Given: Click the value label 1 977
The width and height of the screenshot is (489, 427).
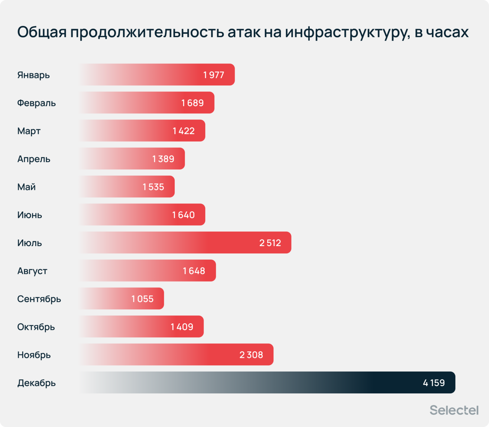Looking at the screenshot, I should [x=214, y=75].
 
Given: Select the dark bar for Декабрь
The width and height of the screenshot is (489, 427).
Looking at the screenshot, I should [x=266, y=382].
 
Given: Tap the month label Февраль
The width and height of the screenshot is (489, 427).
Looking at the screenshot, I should [x=36, y=103].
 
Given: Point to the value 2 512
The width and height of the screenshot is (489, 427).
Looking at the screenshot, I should [x=270, y=243].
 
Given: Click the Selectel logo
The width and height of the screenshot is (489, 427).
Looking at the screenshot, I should [x=454, y=410].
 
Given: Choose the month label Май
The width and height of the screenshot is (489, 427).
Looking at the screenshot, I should [x=26, y=187].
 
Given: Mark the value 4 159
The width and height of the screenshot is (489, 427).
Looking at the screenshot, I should [x=434, y=383].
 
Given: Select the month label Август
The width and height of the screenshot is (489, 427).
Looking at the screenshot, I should [x=32, y=271].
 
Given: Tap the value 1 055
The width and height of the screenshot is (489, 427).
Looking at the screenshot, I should [x=142, y=299].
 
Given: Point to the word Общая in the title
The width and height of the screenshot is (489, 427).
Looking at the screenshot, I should [x=42, y=32].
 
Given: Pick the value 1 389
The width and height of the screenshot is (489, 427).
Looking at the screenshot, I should [x=163, y=159].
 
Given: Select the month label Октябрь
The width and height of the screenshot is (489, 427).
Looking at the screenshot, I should [x=36, y=327].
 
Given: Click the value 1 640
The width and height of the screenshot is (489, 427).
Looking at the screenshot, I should [x=183, y=215].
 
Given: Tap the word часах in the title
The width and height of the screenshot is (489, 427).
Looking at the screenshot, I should [x=449, y=32].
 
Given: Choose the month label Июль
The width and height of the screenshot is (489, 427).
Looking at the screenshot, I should [x=30, y=243].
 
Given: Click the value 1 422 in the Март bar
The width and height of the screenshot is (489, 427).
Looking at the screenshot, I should [x=183, y=131].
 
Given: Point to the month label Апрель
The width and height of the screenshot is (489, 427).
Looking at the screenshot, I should [x=34, y=159].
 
